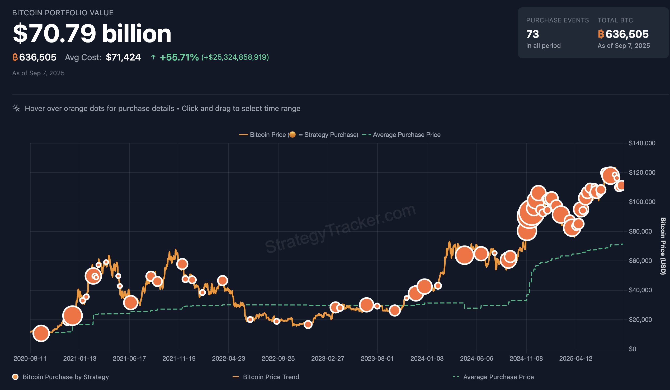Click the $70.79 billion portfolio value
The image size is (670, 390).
pyautogui.click(x=92, y=34)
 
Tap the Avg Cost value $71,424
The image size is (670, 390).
pyautogui.click(x=123, y=57)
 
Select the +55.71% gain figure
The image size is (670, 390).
pyautogui.click(x=179, y=57)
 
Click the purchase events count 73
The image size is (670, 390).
pyautogui.click(x=532, y=34)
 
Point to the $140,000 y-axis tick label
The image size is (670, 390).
pyautogui.click(x=642, y=143)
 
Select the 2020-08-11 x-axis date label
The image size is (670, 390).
pyautogui.click(x=30, y=358)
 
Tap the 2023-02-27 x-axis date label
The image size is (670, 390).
pyautogui.click(x=328, y=358)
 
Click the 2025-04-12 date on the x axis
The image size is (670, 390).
pyautogui.click(x=575, y=358)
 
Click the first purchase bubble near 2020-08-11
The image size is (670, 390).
pyautogui.click(x=41, y=333)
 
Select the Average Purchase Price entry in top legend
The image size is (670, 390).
pyautogui.click(x=406, y=134)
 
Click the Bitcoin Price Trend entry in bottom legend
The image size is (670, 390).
pyautogui.click(x=271, y=377)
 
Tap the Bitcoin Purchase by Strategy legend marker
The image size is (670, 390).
pyautogui.click(x=15, y=377)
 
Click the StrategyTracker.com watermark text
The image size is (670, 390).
pyautogui.click(x=340, y=229)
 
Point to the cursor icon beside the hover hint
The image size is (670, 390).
pyautogui.click(x=16, y=108)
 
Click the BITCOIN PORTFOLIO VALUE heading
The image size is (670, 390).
pyautogui.click(x=63, y=13)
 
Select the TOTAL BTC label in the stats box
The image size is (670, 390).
pyautogui.click(x=615, y=20)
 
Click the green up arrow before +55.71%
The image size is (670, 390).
pyautogui.click(x=153, y=57)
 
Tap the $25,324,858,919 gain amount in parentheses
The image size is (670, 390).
pyautogui.click(x=235, y=57)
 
